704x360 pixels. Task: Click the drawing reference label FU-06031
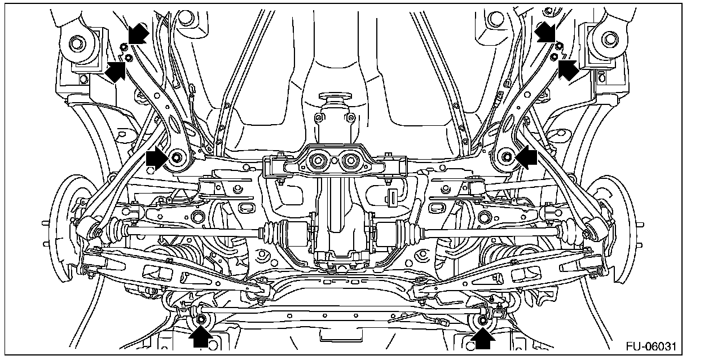coord(651,346)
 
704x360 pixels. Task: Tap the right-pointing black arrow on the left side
coord(157,159)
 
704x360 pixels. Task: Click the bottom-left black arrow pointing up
coord(200,337)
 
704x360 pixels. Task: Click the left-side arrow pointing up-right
coord(115,71)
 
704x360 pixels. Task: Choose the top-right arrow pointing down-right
coord(545,32)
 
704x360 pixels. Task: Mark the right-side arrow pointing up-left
coord(569,70)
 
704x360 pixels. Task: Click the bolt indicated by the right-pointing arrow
coord(177,157)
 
